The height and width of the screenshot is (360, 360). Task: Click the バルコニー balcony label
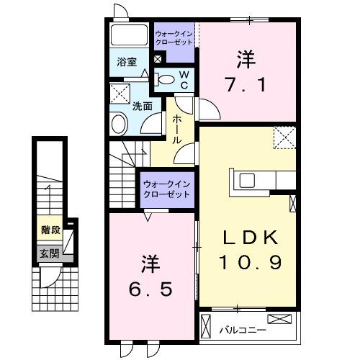[243, 330]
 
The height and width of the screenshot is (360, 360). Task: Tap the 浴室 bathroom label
[127, 61]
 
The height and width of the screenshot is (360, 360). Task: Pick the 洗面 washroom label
[142, 106]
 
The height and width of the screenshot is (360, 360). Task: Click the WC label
[184, 79]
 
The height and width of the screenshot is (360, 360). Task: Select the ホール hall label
[175, 130]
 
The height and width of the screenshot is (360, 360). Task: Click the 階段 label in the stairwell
[50, 231]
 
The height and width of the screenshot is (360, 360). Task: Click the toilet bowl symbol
[165, 80]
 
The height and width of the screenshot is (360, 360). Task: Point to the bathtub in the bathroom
[129, 35]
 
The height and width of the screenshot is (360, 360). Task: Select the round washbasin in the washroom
[119, 124]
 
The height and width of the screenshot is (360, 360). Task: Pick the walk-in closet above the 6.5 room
[168, 191]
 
